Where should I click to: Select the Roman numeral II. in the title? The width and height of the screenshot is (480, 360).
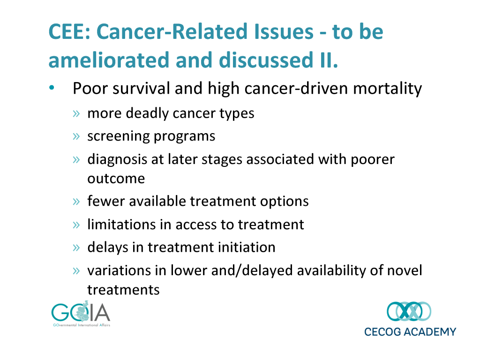coord(329,60)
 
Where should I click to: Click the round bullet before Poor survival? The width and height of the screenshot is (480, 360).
coord(52,88)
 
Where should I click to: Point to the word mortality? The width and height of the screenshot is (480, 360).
coord(388,89)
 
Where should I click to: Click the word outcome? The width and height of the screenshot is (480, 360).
coord(116,179)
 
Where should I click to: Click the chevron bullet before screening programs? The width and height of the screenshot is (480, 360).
coord(76,136)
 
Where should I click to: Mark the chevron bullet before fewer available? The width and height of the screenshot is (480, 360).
coord(76,202)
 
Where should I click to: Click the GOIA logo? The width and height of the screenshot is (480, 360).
coord(81,314)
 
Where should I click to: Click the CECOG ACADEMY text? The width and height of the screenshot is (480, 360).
coord(410,332)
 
